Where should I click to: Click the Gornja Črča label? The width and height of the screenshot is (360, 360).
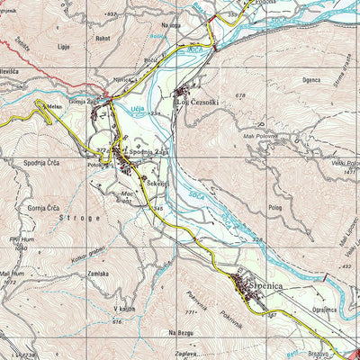[42, 207]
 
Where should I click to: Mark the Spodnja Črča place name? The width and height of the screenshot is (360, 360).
[42, 163]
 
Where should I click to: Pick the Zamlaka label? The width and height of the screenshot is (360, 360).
[97, 273]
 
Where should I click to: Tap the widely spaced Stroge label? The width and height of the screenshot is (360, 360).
[77, 219]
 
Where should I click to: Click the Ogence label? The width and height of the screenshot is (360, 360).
[286, 79]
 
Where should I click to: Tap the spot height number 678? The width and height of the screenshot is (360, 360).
[240, 95]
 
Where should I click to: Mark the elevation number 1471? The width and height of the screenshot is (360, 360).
[351, 171]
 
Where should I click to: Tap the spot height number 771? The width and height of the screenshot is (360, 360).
[190, 312]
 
